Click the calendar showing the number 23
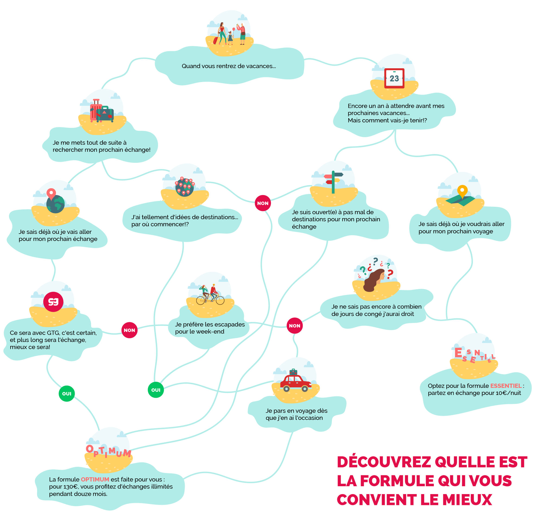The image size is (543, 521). click(394, 78)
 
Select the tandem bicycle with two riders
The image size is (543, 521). click(210, 296)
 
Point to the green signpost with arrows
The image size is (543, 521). click(333, 181)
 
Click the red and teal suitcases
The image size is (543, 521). click(102, 111)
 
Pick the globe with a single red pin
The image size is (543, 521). click(55, 202)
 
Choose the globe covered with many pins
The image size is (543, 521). click(185, 187)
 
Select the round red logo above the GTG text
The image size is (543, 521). click(53, 302)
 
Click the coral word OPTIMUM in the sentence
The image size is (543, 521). click(95, 479)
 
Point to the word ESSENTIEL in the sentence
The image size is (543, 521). click(506, 385)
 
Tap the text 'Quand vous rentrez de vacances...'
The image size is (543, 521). click(229, 66)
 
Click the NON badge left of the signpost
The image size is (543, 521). click(263, 203)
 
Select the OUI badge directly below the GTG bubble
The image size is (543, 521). click(67, 394)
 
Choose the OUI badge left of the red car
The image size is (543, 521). click(156, 390)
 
